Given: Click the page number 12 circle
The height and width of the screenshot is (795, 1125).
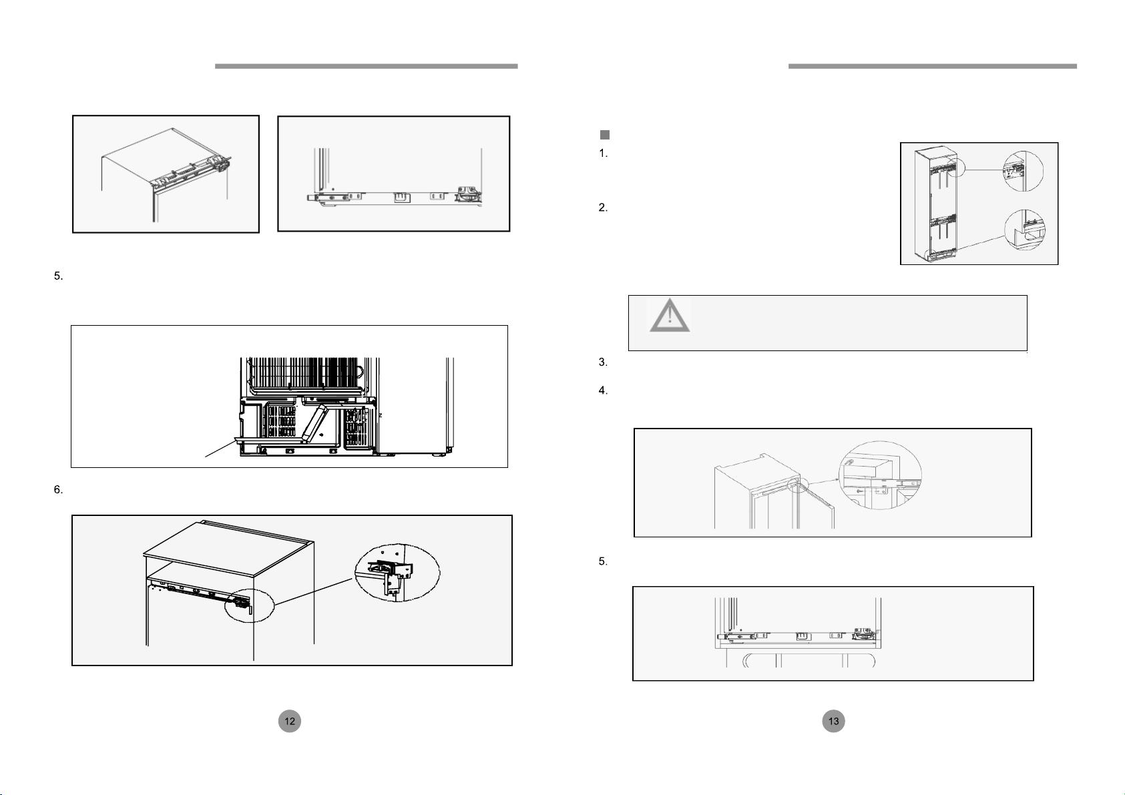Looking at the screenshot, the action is click(x=290, y=721).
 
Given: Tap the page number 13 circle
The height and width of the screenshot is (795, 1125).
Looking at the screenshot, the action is click(x=834, y=721).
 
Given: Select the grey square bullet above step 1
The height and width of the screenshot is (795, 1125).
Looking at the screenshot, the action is click(x=605, y=135).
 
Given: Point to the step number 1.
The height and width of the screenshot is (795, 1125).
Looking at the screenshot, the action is click(x=603, y=154).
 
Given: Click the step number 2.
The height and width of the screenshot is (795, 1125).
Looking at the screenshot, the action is click(x=603, y=208).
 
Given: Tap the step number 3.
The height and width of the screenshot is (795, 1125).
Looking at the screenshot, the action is click(x=603, y=362).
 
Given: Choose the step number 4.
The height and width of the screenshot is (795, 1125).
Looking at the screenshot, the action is click(x=603, y=390).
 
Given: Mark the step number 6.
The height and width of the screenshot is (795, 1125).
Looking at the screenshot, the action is click(x=58, y=490).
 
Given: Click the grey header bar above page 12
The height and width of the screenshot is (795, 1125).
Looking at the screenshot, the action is click(x=366, y=66).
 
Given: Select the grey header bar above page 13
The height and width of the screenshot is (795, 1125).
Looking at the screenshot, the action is click(x=933, y=66).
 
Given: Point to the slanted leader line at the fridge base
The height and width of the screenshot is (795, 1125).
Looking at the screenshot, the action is click(x=220, y=449).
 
